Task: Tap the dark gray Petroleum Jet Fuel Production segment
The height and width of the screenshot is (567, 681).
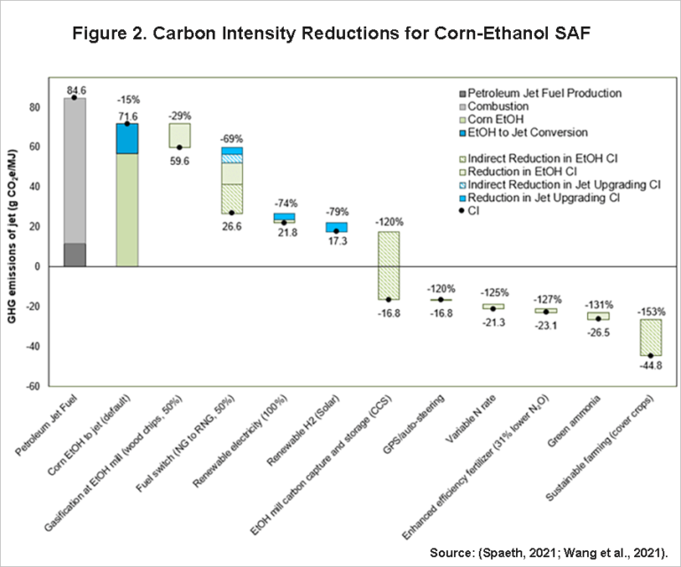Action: tap(75, 254)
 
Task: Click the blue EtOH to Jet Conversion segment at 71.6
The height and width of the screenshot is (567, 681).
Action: tap(128, 138)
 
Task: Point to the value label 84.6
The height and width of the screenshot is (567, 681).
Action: tap(75, 89)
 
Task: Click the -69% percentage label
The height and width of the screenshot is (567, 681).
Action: tap(232, 139)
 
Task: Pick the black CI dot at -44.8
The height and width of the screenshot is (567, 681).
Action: tap(651, 355)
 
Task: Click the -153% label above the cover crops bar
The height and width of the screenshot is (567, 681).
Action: tap(651, 312)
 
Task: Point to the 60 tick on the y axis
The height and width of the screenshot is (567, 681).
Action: tap(36, 147)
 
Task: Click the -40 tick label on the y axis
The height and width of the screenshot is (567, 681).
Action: tap(33, 346)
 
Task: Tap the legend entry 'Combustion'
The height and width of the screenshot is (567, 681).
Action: tap(501, 105)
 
